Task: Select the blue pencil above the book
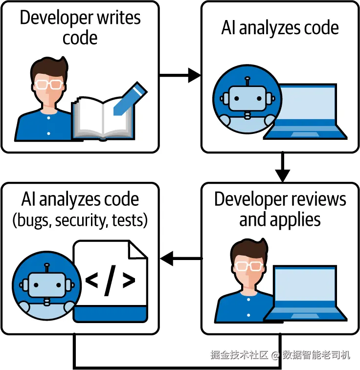click(x=130, y=98)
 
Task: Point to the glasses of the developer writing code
click(x=49, y=84)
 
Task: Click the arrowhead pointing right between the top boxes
click(x=195, y=75)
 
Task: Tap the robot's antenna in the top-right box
click(x=247, y=82)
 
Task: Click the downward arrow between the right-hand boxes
click(x=283, y=167)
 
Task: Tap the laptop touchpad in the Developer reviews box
click(x=305, y=316)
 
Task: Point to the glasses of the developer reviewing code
click(x=249, y=266)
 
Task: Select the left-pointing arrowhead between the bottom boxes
click(x=167, y=259)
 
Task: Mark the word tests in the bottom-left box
click(x=128, y=220)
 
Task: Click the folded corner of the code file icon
click(x=138, y=250)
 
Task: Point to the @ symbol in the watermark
click(x=275, y=355)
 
